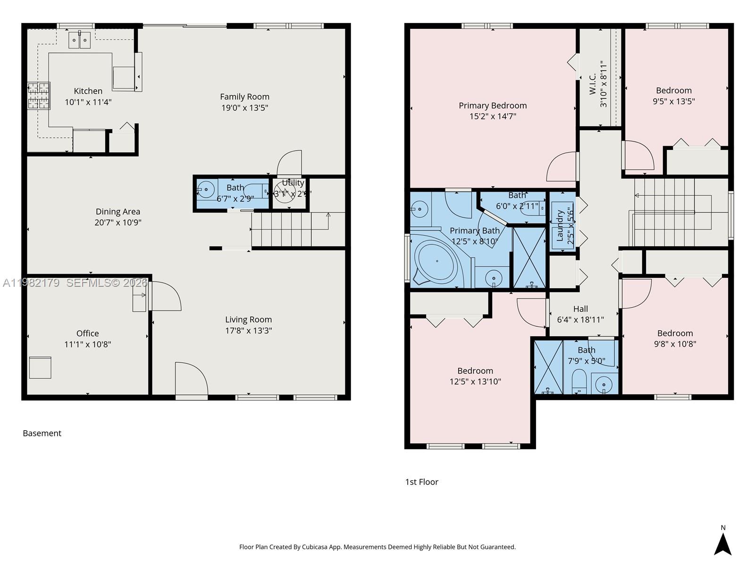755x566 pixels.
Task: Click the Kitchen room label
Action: tap(88, 91)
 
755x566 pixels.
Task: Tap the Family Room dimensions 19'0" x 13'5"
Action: tap(244, 108)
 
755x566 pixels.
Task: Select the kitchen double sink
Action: tap(79, 40)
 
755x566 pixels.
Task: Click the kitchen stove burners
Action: tap(39, 96)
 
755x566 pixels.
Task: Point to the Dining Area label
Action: tap(117, 212)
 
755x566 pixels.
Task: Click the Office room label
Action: tap(87, 333)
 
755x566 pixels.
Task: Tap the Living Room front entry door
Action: tap(191, 380)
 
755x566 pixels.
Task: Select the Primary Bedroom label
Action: tap(493, 106)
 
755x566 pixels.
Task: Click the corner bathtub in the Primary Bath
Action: tap(436, 262)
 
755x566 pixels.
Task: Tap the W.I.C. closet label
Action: tap(593, 84)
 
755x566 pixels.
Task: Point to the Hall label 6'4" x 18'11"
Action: tap(580, 314)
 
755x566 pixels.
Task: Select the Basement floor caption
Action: tap(42, 433)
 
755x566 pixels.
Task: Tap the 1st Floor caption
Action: tap(421, 482)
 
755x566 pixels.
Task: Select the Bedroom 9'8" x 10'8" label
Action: tap(675, 333)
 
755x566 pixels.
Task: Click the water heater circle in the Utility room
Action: tap(285, 192)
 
